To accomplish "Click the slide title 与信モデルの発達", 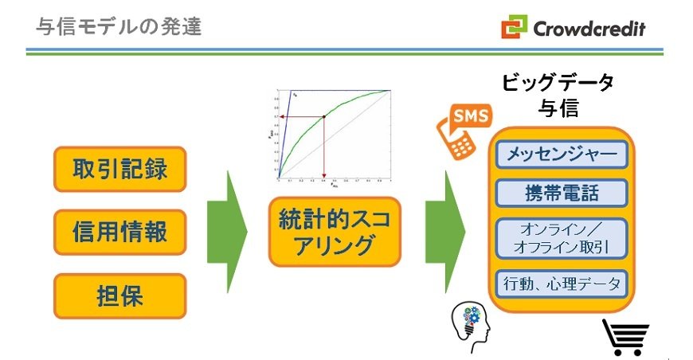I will [119, 27].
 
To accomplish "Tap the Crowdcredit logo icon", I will [515, 28].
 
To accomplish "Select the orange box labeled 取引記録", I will [119, 169].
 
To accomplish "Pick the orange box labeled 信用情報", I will [119, 232].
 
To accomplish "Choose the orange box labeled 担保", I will [119, 295].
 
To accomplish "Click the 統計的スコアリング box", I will [335, 232].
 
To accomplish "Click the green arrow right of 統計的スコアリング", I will [444, 232].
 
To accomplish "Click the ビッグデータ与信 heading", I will [558, 96].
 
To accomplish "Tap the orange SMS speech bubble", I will [470, 116].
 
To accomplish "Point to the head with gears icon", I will [471, 327].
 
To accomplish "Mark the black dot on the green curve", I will [324, 118].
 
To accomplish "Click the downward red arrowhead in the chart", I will [324, 176].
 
